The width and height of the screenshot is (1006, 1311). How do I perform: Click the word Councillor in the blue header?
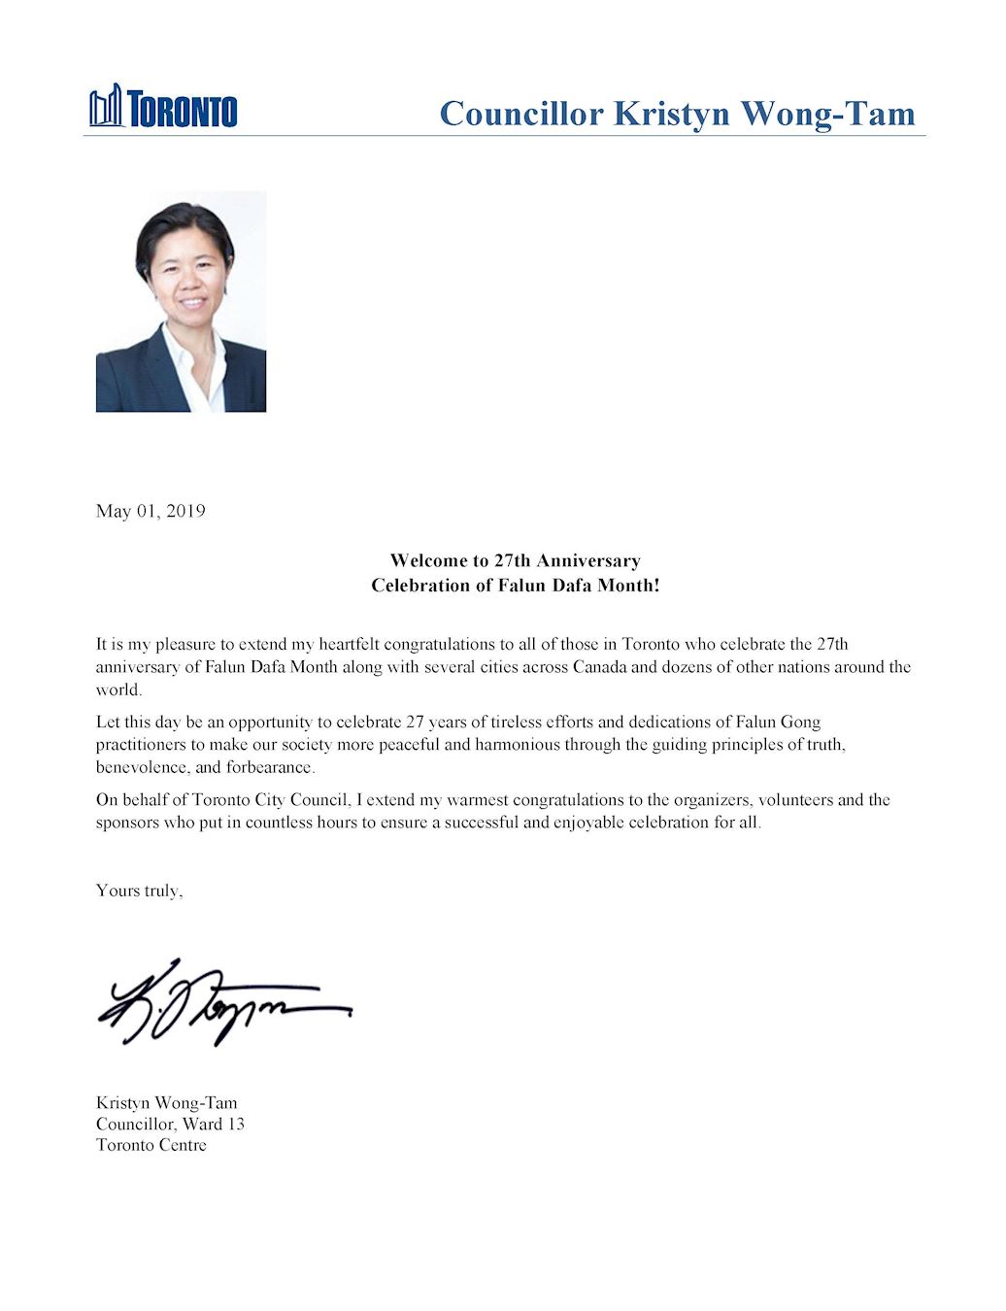(520, 114)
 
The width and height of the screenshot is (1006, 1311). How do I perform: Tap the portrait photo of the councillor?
(181, 301)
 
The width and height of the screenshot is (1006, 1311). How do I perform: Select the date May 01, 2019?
(151, 511)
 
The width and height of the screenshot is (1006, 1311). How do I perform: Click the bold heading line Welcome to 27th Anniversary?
(515, 560)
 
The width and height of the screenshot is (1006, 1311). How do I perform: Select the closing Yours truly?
(139, 891)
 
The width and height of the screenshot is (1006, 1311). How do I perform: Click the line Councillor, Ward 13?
(170, 1124)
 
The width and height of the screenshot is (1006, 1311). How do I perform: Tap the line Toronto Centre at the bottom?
(151, 1145)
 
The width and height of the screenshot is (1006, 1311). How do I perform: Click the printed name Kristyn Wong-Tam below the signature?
(166, 1102)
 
